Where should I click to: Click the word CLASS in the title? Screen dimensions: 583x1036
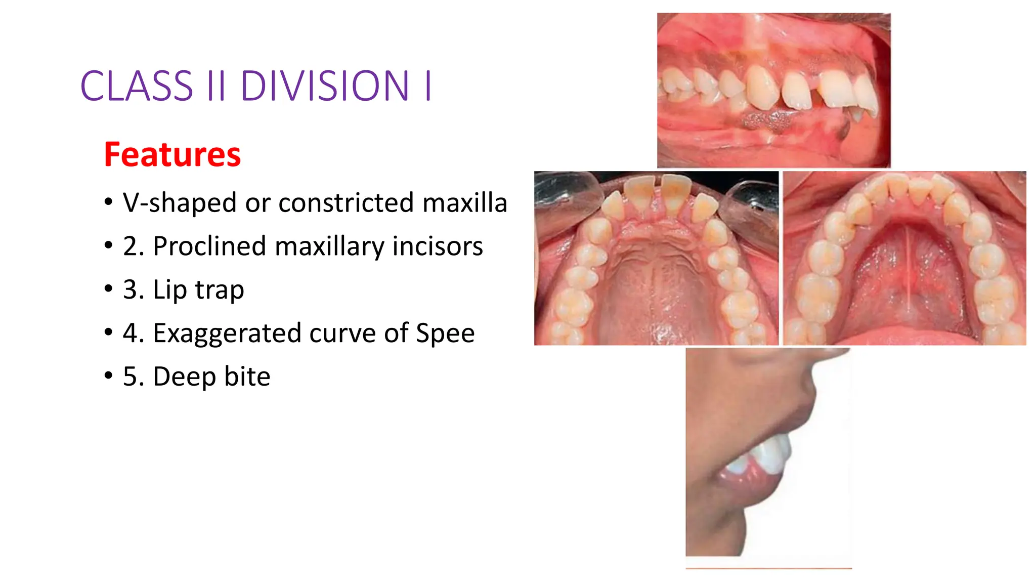tap(137, 86)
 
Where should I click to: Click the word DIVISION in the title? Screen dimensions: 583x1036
tap(324, 86)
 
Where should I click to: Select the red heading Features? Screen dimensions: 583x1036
tap(172, 154)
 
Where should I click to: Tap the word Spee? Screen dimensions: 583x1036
tap(445, 334)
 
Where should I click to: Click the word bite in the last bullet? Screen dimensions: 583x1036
tap(247, 377)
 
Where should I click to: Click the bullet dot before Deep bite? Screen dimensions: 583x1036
tap(108, 376)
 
